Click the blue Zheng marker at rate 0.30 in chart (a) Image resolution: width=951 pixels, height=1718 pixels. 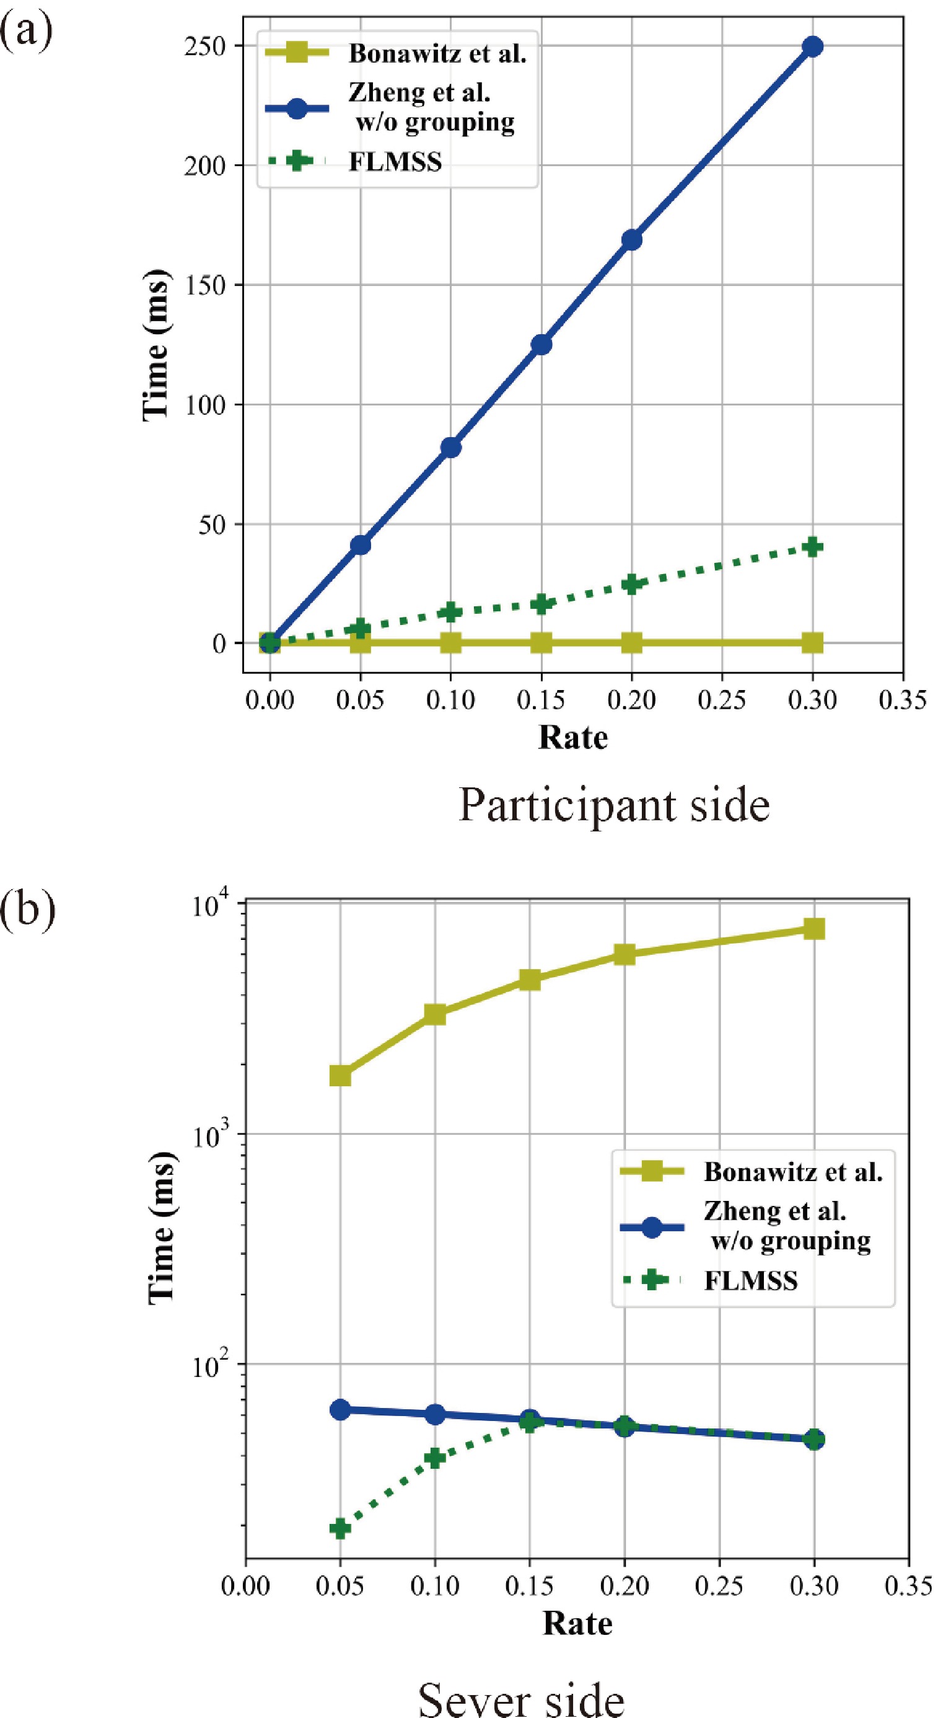[812, 46]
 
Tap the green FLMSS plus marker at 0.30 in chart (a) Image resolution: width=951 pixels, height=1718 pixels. [812, 547]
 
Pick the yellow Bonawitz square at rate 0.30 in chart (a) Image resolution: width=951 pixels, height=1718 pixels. [812, 644]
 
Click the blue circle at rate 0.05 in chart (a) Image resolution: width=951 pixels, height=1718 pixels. [361, 545]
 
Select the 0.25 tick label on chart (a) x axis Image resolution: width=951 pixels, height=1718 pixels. [722, 700]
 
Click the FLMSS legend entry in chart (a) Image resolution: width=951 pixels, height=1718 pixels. [395, 162]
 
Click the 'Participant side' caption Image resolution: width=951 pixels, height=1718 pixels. [614, 805]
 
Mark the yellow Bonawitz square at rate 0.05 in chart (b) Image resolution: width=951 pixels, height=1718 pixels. [341, 1076]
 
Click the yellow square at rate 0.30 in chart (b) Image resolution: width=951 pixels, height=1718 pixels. [813, 928]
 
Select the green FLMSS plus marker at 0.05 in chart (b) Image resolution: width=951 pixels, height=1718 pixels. [341, 1510]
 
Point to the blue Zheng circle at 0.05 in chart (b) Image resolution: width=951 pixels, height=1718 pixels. [341, 1409]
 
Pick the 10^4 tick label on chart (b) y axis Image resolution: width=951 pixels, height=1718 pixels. [214, 907]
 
